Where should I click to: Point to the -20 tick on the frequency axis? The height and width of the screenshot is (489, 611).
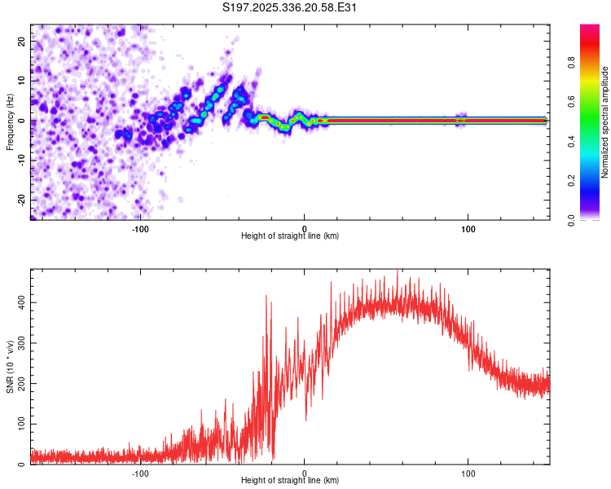[24, 200]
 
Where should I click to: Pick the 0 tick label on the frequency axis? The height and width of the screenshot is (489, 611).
[24, 121]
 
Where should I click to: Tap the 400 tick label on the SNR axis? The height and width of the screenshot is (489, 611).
[17, 303]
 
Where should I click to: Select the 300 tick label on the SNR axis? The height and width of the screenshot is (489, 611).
[17, 343]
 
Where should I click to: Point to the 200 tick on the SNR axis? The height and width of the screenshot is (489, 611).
[17, 384]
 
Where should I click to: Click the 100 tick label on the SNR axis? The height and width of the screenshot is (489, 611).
[17, 424]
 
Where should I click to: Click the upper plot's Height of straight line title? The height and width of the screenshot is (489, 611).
[290, 236]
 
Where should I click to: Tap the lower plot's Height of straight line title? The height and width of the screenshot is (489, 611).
[290, 481]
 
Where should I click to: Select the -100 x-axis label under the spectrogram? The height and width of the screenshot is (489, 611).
[140, 229]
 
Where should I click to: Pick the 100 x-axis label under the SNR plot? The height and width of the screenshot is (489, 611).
[468, 474]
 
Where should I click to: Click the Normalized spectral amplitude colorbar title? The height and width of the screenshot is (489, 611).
[604, 122]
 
